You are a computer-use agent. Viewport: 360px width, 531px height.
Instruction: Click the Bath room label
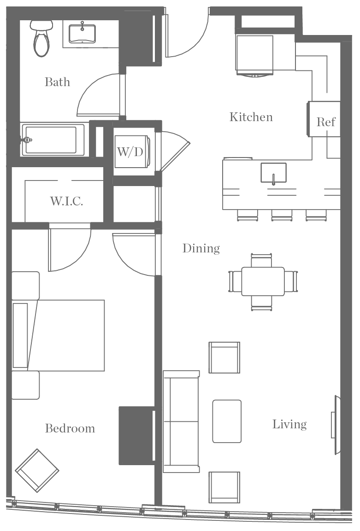(58, 82)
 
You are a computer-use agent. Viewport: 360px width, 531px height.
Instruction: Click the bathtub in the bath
(51, 140)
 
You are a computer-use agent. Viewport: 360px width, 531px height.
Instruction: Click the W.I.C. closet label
(66, 201)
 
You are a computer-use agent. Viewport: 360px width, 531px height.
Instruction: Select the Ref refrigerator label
(326, 123)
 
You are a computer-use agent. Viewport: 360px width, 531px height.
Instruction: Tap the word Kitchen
(251, 117)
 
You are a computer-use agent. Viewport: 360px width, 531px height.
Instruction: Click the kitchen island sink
(273, 173)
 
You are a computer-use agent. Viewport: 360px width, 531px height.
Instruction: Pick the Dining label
(201, 249)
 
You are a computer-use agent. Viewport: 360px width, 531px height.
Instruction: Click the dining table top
(263, 281)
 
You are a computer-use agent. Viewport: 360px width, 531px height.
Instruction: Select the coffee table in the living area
(227, 421)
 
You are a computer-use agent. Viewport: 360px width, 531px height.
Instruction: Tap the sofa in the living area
(181, 421)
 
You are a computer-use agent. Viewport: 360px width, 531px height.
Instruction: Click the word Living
(289, 425)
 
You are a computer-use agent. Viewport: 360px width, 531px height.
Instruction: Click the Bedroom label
(70, 429)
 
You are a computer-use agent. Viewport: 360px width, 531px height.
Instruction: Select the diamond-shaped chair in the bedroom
(37, 471)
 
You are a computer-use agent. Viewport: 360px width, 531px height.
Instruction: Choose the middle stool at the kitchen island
(281, 215)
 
